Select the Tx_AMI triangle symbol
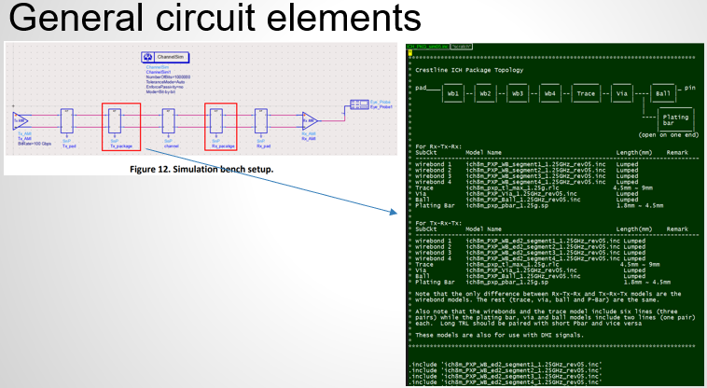click(19, 120)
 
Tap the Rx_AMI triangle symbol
click(308, 120)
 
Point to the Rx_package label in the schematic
click(221, 145)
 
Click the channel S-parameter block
click(170, 120)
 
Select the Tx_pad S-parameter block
click(68, 120)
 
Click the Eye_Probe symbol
click(359, 104)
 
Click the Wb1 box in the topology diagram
click(453, 94)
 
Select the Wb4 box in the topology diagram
click(550, 94)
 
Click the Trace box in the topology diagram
click(586, 94)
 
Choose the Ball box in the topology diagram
click(662, 94)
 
